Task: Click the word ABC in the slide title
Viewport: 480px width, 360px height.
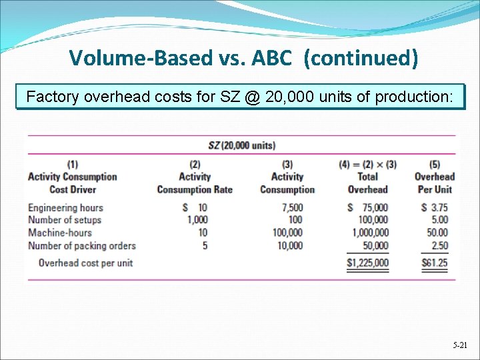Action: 271,59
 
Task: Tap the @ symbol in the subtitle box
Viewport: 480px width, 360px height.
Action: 252,97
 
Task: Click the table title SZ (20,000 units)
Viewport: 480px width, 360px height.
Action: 241,145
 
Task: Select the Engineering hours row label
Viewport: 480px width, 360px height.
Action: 65,207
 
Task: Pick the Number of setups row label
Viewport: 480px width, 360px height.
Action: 64,220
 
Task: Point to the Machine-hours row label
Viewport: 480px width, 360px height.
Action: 59,233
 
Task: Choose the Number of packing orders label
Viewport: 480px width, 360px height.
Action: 81,245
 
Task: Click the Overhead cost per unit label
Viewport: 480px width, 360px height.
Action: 85,263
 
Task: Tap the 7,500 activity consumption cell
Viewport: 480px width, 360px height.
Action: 292,207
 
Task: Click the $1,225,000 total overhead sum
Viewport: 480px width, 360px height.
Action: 367,263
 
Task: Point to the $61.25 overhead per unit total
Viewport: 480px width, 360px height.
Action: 435,263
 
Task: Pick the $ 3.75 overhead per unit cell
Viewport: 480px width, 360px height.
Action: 435,207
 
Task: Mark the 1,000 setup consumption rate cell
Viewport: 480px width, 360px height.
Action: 197,220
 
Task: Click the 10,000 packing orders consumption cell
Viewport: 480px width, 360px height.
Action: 290,245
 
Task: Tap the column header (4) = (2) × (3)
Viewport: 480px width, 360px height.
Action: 367,164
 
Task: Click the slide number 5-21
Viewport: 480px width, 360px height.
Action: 459,346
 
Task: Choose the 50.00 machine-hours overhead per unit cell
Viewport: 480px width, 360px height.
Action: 437,233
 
